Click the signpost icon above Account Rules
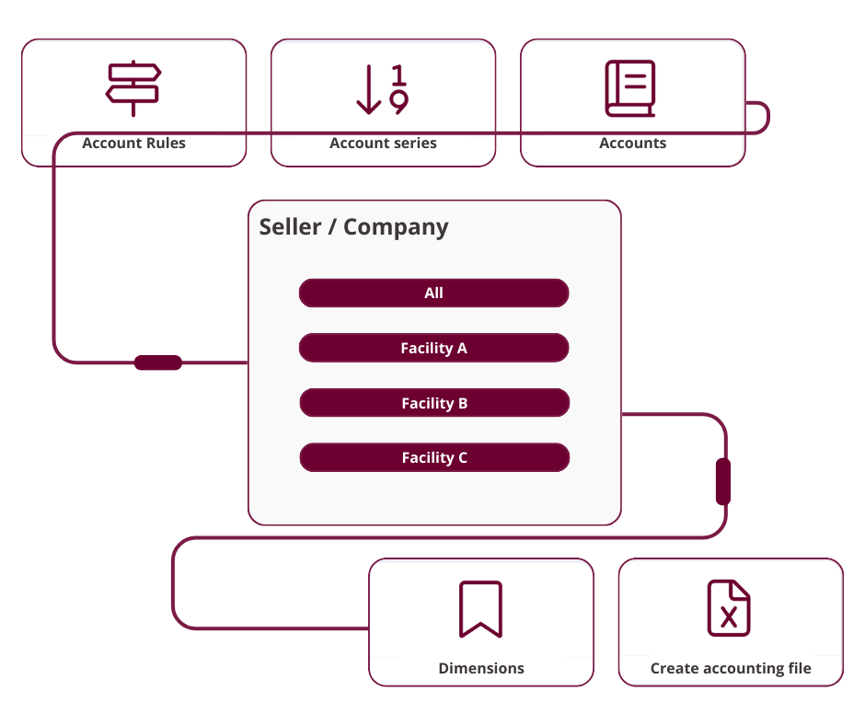click(133, 88)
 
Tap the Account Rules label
click(133, 143)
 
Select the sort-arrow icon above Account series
click(382, 90)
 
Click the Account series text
click(383, 143)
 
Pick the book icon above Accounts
click(630, 89)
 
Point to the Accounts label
click(632, 143)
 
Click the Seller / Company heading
click(353, 226)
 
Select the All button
click(433, 293)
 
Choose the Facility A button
click(433, 348)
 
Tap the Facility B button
click(434, 403)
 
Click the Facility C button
click(434, 457)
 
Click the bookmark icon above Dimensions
click(480, 609)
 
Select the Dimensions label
click(481, 669)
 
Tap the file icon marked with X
click(729, 608)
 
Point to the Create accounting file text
click(731, 669)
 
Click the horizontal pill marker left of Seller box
click(158, 362)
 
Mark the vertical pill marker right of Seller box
click(723, 481)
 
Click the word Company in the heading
click(396, 227)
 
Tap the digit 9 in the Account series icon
click(398, 102)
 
